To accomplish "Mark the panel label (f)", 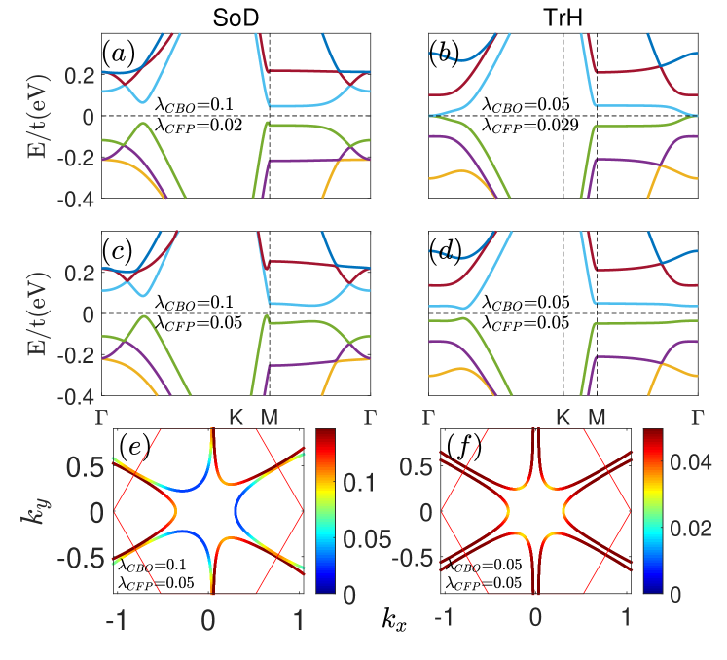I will click(460, 449).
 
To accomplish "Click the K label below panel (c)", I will click(236, 418).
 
